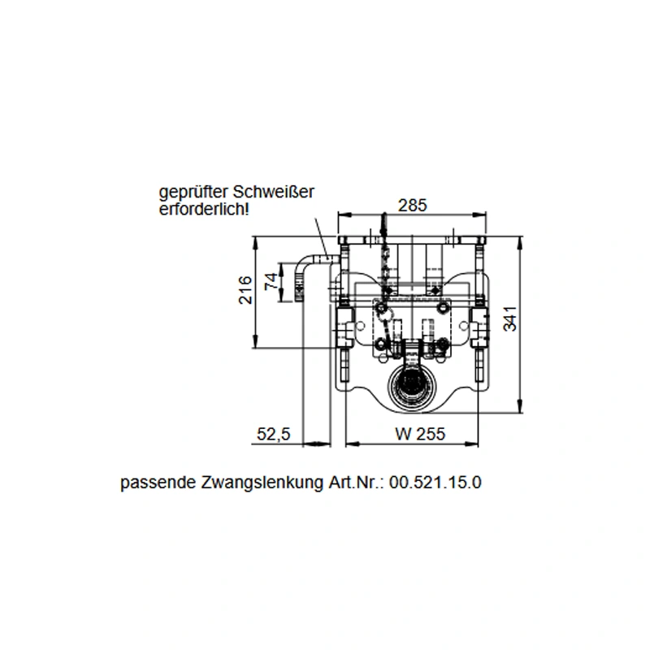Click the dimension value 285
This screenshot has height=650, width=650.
(413, 206)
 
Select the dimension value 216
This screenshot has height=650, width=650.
(245, 290)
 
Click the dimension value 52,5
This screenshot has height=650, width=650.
(274, 434)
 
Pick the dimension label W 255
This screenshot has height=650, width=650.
(420, 434)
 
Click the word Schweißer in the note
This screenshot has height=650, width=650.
(273, 193)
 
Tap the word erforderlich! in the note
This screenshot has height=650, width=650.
(204, 209)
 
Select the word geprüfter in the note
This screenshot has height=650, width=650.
(194, 193)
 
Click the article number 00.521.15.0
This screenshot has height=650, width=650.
(435, 482)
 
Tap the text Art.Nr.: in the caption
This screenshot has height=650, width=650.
(357, 482)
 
